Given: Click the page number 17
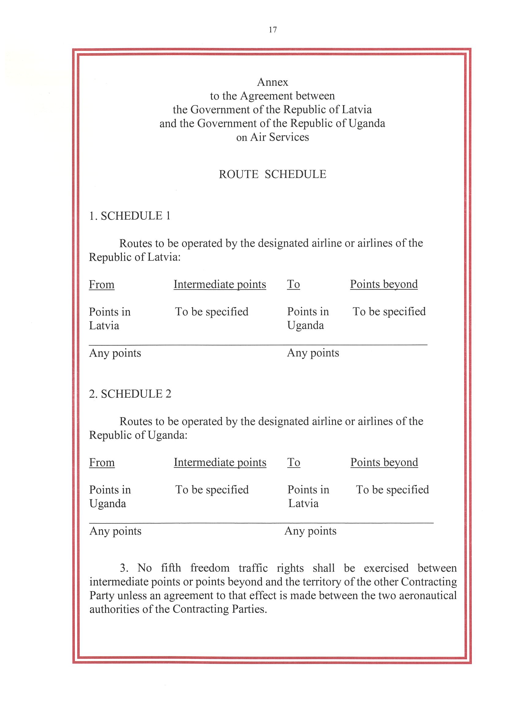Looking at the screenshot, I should point(273,30).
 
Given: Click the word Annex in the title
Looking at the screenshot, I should point(273,82).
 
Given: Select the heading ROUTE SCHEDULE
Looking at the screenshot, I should point(273,174).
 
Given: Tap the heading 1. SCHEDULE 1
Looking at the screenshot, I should point(130,216).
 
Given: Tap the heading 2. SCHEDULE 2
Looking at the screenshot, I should point(130,394).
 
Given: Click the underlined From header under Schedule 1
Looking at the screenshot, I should point(101,284).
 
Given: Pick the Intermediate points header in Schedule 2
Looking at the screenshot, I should point(220,462).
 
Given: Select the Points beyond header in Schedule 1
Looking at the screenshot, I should point(383,284).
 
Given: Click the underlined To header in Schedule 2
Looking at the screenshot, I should point(294,462).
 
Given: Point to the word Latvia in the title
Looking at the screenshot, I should point(356,110).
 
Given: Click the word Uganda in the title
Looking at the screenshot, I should point(367,123).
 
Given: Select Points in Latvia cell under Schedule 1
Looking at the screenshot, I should point(109,319).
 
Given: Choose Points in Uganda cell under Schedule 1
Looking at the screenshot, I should point(308,318).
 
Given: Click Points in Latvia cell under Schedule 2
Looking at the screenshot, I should point(308,496).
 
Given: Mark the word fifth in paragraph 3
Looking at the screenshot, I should point(171,568).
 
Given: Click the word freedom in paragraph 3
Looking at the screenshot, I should point(210,568).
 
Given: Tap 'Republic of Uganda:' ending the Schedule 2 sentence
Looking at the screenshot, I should point(138,435).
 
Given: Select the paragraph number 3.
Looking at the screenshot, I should point(124,568).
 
